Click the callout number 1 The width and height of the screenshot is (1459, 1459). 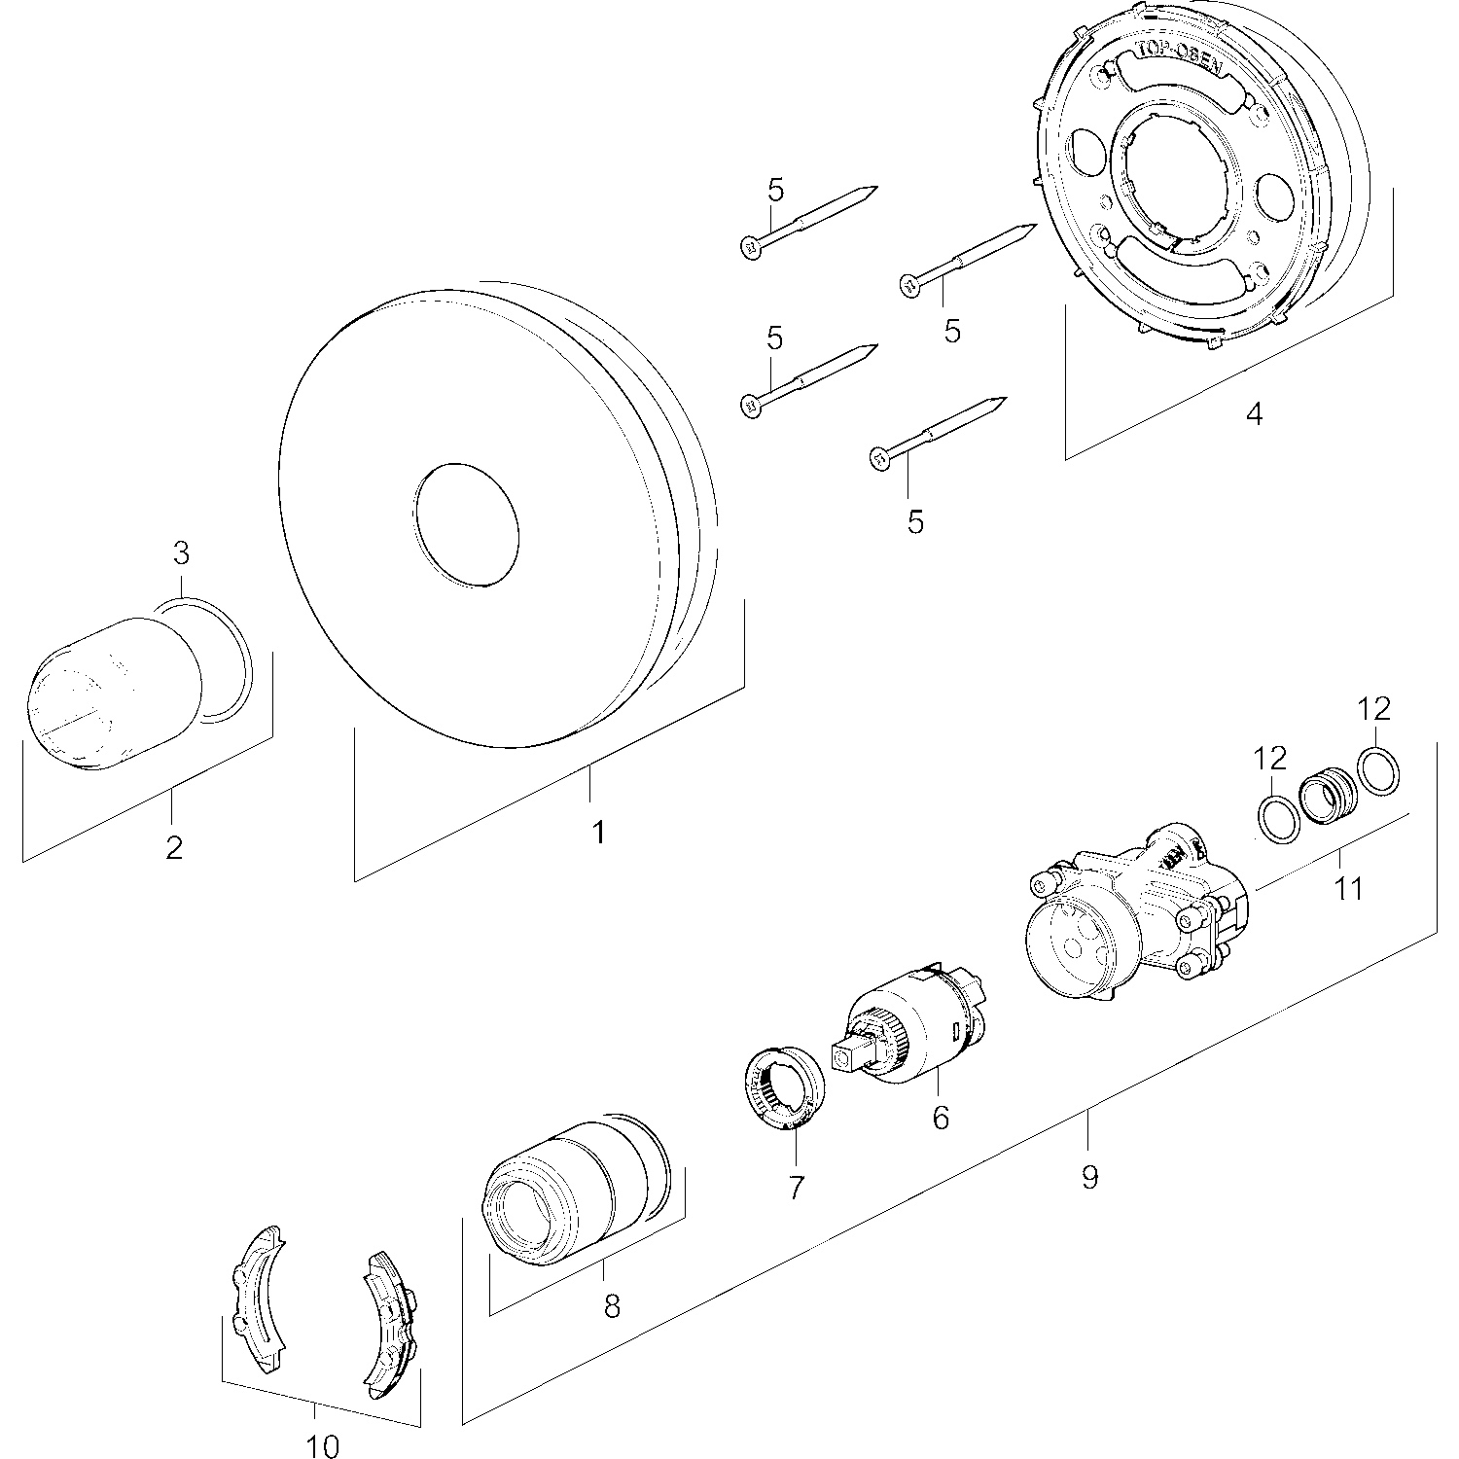point(599,833)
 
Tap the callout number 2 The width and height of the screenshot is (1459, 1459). point(174,847)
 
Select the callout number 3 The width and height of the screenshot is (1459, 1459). point(181,553)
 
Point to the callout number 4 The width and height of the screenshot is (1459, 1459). point(1254,414)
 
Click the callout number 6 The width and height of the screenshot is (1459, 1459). point(940,1118)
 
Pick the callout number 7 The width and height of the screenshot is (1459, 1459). point(797,1187)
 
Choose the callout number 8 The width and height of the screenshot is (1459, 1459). point(612,1305)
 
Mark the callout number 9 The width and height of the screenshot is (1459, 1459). point(1088,1177)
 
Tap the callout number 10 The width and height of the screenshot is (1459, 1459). point(323,1446)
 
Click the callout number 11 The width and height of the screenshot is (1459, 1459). point(1348,887)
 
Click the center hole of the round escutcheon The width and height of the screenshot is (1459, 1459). point(466,525)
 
